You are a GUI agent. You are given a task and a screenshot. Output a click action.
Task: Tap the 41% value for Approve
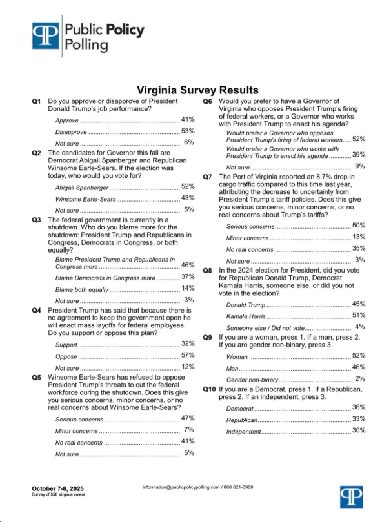[188, 120]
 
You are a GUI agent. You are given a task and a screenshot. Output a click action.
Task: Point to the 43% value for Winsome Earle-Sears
[188, 198]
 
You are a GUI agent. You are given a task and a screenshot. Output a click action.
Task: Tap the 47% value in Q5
[188, 418]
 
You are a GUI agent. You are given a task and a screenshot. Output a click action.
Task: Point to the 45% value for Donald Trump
[359, 304]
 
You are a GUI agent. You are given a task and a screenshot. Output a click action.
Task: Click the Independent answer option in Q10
[245, 430]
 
